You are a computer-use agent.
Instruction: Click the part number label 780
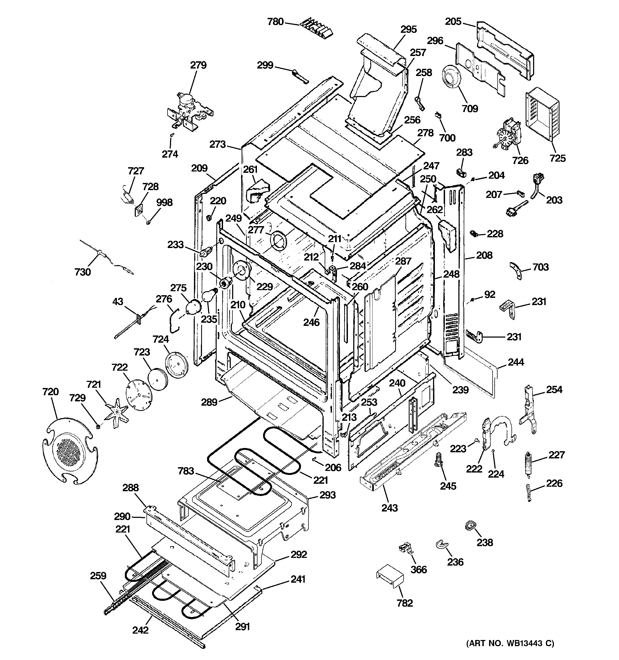(275, 22)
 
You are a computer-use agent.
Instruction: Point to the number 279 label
(198, 65)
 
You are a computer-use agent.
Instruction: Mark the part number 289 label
(209, 402)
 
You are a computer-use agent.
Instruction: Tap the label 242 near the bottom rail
(140, 630)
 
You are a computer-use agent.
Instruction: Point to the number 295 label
(408, 30)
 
